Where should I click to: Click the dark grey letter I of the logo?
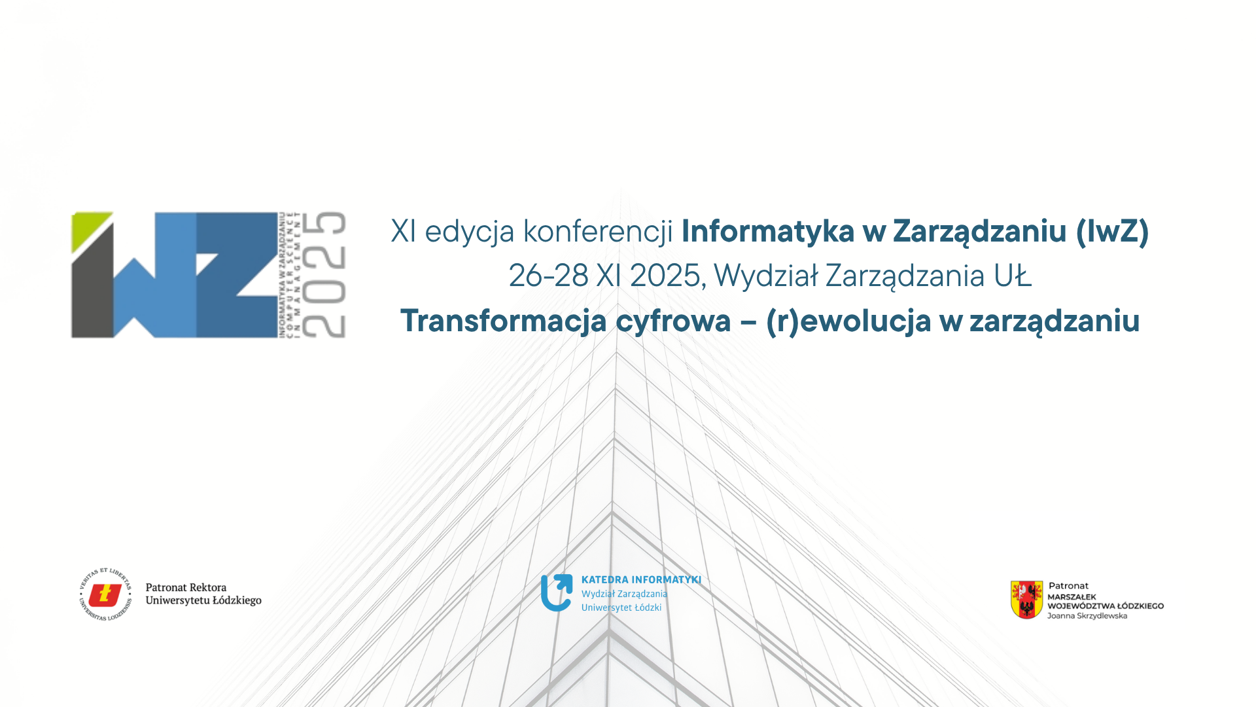click(x=92, y=295)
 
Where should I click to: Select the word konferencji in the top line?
click(x=598, y=232)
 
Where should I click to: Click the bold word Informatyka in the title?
click(x=768, y=232)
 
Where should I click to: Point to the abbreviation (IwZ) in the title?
click(x=1112, y=232)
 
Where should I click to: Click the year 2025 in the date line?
click(x=665, y=276)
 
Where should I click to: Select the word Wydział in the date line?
click(x=765, y=276)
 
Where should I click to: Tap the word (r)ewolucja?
click(x=848, y=321)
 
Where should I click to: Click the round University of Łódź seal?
click(x=105, y=594)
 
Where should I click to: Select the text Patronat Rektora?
click(x=186, y=588)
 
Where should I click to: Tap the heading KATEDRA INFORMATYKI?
click(x=641, y=580)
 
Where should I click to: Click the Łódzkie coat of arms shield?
click(x=1026, y=599)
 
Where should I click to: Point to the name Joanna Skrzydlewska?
click(x=1087, y=616)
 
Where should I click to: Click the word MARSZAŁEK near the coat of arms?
click(x=1072, y=597)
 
